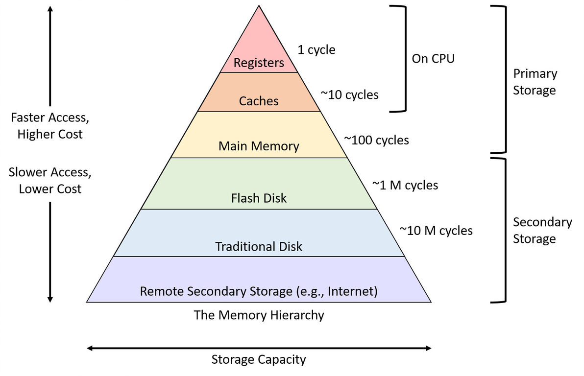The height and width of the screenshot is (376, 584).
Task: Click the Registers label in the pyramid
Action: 259,63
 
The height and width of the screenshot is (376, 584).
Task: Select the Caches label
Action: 259,101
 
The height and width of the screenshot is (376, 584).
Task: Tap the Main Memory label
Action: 259,146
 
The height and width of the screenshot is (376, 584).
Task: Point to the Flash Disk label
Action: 259,198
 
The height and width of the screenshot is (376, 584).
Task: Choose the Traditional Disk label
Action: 259,246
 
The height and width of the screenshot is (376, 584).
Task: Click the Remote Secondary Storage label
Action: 259,291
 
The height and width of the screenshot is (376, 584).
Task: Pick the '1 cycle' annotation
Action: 316,50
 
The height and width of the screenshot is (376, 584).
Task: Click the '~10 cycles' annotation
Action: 350,94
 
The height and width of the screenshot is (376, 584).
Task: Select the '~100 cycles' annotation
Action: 377,140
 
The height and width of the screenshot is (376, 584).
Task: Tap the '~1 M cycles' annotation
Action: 405,185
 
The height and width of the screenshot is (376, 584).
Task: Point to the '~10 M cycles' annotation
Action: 436,231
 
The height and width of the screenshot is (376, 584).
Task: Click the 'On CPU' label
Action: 433,58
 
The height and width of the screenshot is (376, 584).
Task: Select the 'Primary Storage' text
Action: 535,82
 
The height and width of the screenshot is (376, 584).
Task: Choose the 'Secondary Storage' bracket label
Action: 543,231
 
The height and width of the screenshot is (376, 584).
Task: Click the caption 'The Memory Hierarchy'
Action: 259,315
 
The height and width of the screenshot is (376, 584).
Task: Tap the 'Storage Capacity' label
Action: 259,360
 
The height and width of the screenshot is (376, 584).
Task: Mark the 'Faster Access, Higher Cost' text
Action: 50,126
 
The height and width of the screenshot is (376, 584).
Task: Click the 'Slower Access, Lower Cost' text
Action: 50,181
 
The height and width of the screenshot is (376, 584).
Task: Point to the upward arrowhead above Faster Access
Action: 50,9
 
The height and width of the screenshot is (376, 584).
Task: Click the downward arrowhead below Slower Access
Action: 50,299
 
